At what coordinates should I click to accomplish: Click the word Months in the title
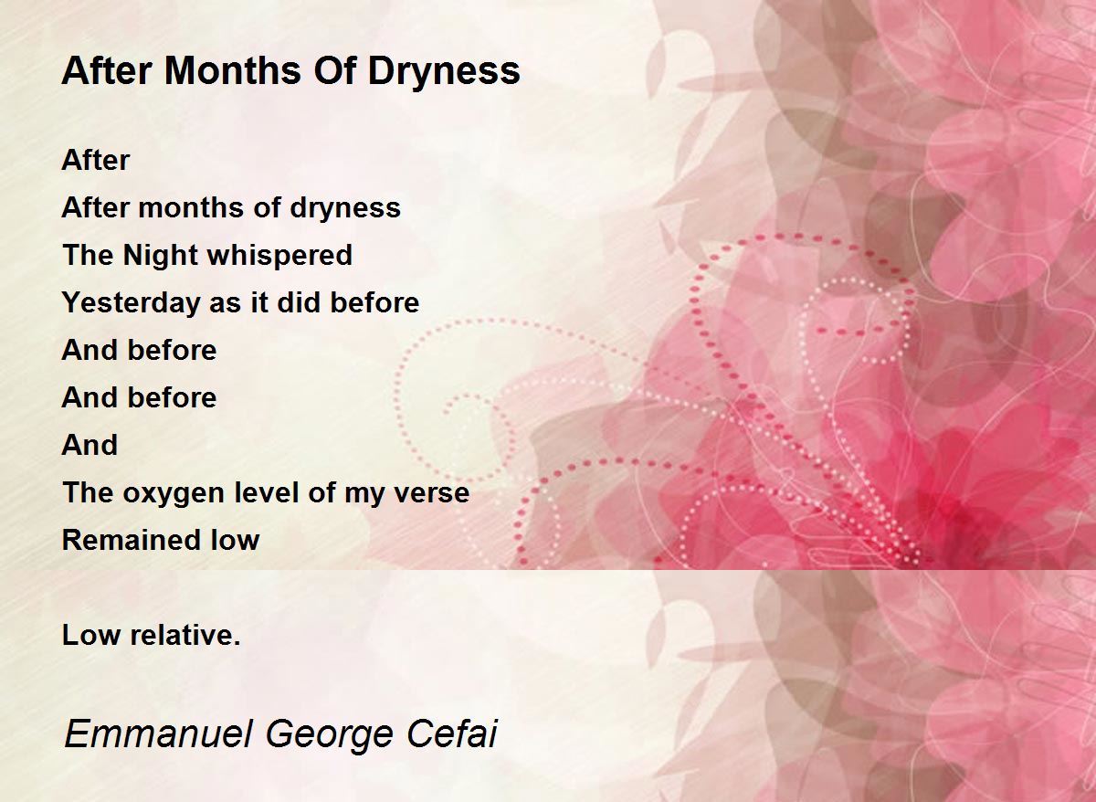click(x=233, y=71)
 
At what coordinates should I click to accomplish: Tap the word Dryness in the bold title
click(x=444, y=71)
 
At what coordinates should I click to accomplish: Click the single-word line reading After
click(x=95, y=160)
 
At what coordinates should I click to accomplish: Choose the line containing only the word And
click(x=90, y=445)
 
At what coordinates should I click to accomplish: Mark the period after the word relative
click(x=237, y=643)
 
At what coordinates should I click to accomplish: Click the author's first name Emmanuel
click(x=159, y=733)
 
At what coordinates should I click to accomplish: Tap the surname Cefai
click(x=451, y=733)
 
